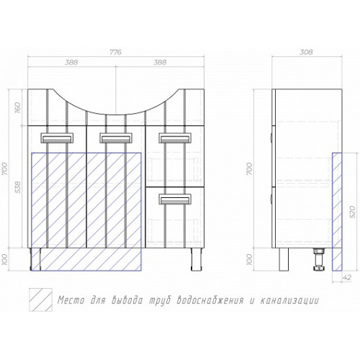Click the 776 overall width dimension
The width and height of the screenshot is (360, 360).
[x=116, y=52]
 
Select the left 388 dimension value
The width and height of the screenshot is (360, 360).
[x=71, y=62]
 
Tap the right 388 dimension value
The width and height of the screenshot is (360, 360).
[x=160, y=62]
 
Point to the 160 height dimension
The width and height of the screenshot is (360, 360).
[x=18, y=107]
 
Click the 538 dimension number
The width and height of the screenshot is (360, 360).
[x=18, y=187]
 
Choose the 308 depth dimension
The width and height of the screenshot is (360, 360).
[x=307, y=52]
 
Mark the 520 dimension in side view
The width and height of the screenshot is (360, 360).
[x=352, y=212]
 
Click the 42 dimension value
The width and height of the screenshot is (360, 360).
[x=347, y=278]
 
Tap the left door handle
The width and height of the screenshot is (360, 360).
[x=57, y=138]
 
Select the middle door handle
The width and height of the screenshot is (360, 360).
[x=116, y=138]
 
